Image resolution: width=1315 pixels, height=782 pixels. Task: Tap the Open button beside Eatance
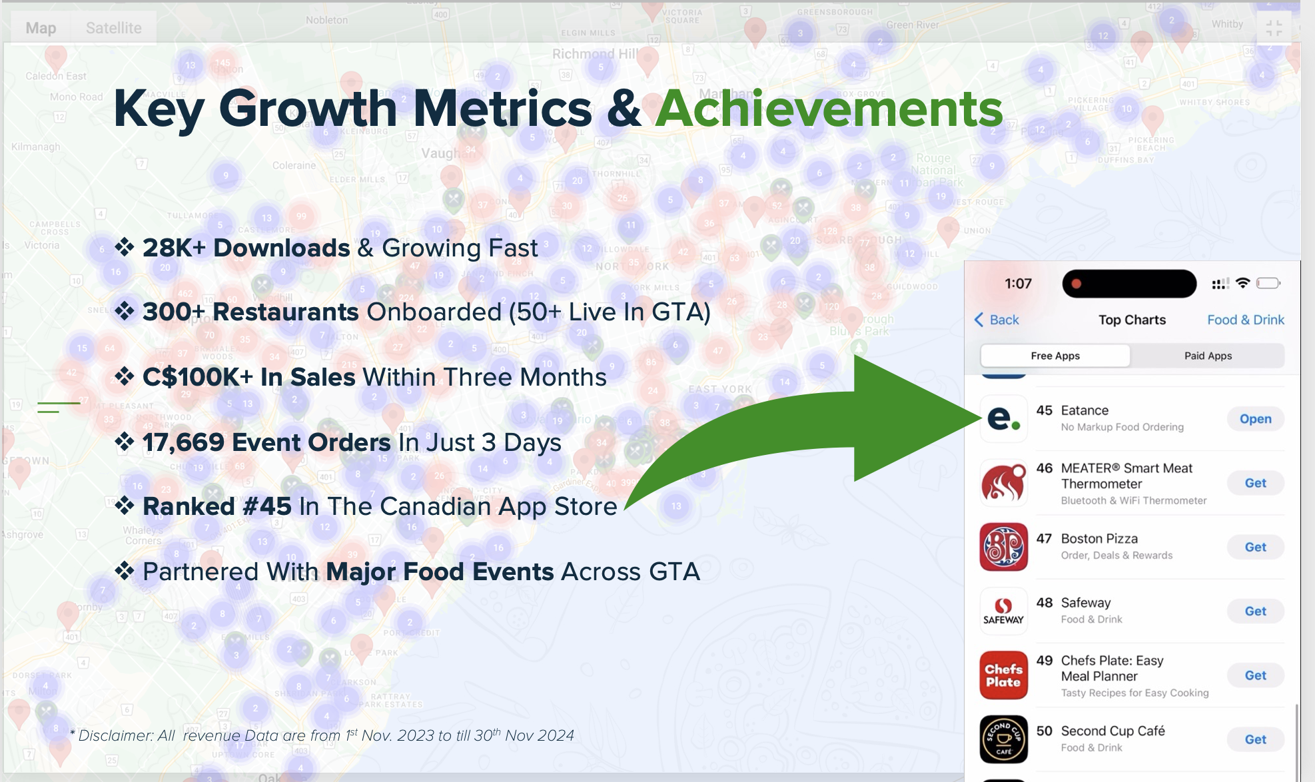1255,419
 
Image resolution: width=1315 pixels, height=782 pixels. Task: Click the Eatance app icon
1003,418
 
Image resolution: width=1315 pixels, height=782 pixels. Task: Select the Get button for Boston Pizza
1255,547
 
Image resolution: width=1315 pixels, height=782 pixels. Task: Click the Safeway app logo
1003,611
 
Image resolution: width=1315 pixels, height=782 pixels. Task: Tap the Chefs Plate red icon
1003,675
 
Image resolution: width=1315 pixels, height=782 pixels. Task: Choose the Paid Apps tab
1207,356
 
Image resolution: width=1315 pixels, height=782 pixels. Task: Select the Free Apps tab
1055,356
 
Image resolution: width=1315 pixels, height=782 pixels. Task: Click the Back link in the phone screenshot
997,320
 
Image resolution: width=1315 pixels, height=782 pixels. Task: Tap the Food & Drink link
1245,320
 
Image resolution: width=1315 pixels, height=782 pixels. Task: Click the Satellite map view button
113,28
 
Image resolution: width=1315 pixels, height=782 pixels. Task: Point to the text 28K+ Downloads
246,248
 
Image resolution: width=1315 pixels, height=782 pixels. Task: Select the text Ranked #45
217,506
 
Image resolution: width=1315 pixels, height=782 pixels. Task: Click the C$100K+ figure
198,377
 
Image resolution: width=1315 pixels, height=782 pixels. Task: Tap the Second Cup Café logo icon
1003,739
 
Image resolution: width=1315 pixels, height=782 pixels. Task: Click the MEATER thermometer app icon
1003,483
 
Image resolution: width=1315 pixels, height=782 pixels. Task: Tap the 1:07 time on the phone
1018,284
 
